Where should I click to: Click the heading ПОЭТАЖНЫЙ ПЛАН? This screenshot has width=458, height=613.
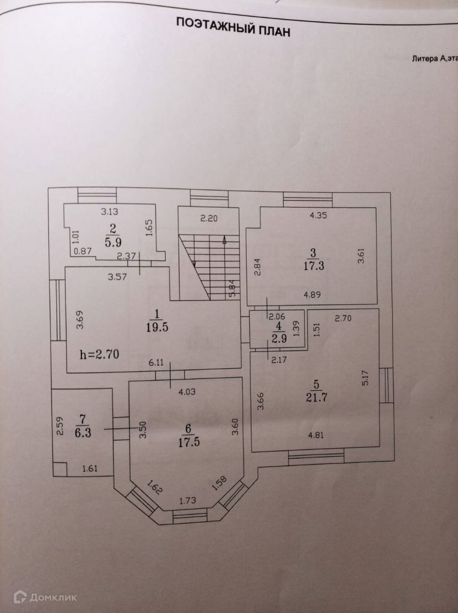click(232, 28)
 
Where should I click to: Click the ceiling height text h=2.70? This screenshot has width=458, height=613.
click(99, 354)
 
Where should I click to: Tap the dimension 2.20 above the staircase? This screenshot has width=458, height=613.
click(209, 219)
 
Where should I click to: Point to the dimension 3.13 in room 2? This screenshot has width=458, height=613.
click(110, 211)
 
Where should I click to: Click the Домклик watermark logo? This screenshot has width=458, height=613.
click(47, 596)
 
